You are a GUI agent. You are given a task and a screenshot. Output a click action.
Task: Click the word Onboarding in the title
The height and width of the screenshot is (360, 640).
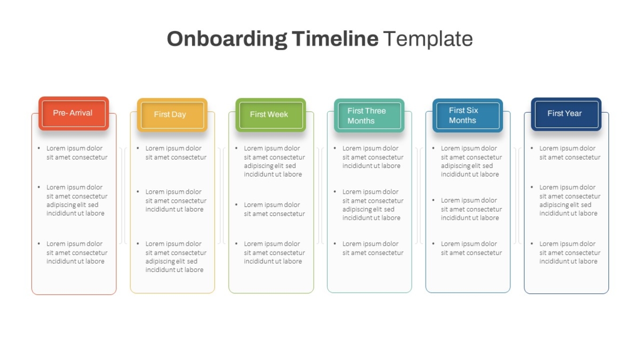pyautogui.click(x=227, y=39)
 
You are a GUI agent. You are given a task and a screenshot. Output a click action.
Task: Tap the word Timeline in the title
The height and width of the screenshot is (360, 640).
pyautogui.click(x=335, y=38)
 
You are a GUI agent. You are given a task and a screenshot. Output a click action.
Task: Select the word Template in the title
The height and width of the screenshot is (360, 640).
pyautogui.click(x=428, y=38)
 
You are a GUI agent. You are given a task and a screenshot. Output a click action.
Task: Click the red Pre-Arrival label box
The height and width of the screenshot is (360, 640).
pyautogui.click(x=74, y=114)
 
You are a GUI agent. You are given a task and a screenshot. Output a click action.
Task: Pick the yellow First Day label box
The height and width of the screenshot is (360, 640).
pyautogui.click(x=172, y=115)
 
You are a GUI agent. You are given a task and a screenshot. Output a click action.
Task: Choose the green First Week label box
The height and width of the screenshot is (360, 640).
pyautogui.click(x=271, y=115)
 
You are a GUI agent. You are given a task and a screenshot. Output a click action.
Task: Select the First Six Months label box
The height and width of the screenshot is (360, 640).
pyautogui.click(x=468, y=115)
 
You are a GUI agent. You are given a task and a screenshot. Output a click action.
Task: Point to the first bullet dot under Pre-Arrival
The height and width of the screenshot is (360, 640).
pyautogui.click(x=39, y=148)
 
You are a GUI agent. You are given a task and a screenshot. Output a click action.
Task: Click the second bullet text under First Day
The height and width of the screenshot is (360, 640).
pyautogui.click(x=175, y=201)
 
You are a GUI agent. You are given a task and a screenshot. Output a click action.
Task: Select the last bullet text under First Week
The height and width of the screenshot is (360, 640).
pyautogui.click(x=274, y=253)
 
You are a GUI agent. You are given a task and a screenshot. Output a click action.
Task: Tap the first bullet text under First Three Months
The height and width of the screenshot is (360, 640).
pyautogui.click(x=373, y=157)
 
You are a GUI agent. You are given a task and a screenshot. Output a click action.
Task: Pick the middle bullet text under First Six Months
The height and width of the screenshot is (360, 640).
pyautogui.click(x=471, y=209)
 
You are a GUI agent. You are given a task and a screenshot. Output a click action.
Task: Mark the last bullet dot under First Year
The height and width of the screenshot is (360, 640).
pyautogui.click(x=532, y=244)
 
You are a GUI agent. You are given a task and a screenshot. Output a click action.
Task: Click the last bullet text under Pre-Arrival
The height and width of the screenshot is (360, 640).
pyautogui.click(x=77, y=253)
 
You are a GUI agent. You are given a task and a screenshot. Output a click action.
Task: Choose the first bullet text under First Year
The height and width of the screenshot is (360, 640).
pyautogui.click(x=570, y=153)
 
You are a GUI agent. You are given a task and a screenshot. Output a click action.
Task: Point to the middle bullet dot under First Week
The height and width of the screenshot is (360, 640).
pyautogui.click(x=236, y=205)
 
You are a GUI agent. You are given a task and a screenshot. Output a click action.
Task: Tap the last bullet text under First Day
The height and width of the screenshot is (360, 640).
pyautogui.click(x=175, y=257)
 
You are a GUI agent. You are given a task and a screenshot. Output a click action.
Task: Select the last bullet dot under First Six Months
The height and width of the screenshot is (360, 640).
pyautogui.click(x=434, y=244)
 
